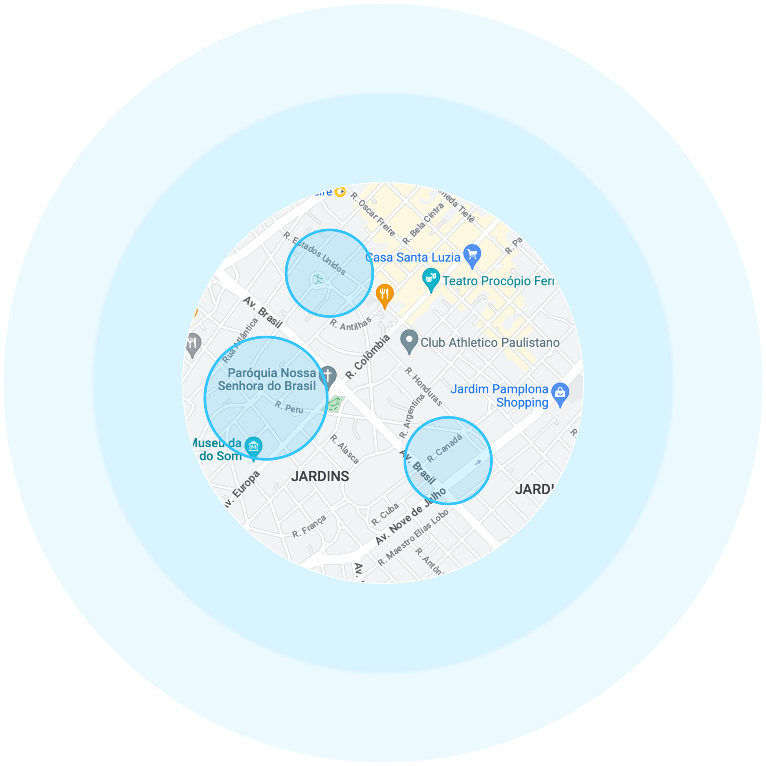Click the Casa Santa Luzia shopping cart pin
(472, 255)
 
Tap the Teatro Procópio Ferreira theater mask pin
(431, 278)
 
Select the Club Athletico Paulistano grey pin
(409, 341)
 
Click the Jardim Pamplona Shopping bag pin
(560, 393)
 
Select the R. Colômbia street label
(367, 357)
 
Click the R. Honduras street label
(423, 387)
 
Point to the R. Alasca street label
(344, 449)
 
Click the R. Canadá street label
(444, 449)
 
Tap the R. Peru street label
(289, 407)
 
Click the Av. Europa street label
(241, 490)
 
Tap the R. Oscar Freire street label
(373, 214)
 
